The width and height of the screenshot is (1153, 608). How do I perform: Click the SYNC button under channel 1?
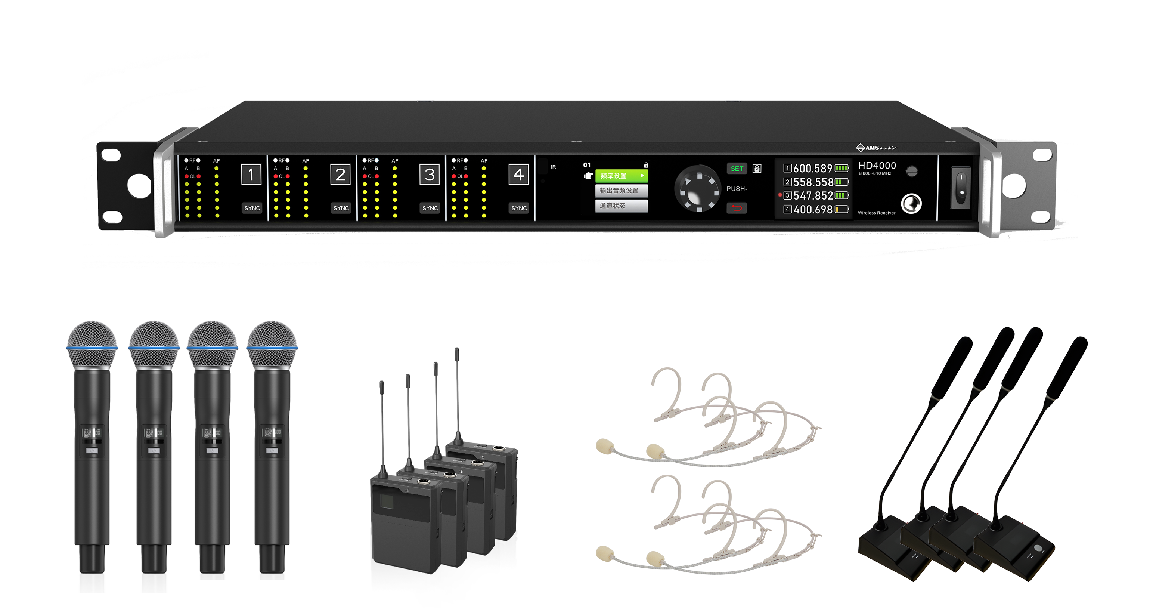[252, 208]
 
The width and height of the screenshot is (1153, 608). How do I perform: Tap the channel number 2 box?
[340, 175]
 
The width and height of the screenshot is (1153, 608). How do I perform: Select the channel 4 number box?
[518, 175]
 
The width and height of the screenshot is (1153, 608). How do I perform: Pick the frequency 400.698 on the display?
[813, 210]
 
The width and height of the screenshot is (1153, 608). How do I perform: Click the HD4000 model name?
[877, 166]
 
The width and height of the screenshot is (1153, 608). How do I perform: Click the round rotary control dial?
[697, 188]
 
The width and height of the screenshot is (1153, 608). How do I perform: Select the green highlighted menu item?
[621, 176]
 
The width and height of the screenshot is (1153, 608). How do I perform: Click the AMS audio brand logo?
[876, 148]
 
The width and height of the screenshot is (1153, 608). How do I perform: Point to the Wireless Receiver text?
[876, 213]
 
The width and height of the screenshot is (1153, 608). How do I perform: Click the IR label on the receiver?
[553, 167]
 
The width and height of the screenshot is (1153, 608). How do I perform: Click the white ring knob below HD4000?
[911, 204]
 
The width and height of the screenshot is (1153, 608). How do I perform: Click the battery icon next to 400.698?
[841, 209]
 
